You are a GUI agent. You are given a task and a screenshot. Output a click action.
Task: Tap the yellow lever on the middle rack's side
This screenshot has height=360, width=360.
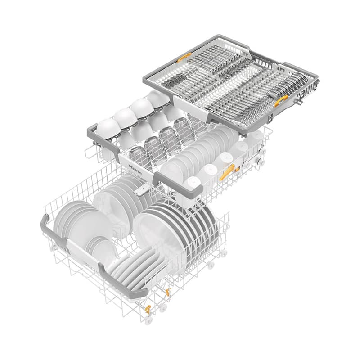pos(227,172)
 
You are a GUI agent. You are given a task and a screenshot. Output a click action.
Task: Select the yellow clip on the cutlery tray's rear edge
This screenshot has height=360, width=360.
pos(184,58)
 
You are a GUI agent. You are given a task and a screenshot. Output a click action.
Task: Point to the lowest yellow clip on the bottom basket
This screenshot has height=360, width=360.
pos(148,310)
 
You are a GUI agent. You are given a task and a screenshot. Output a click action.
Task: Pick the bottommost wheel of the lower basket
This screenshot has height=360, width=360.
pos(148,320)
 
